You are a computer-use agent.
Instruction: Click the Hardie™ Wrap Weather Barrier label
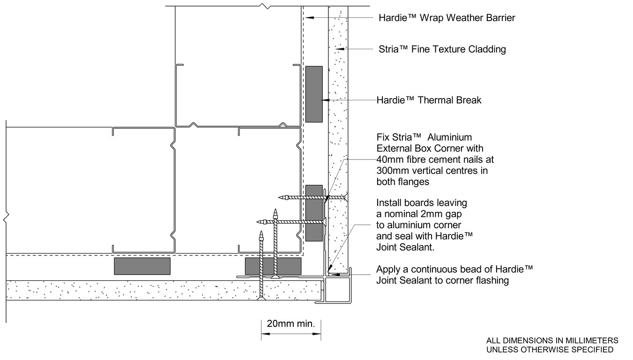(x=447, y=18)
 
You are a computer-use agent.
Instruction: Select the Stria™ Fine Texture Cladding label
(x=442, y=49)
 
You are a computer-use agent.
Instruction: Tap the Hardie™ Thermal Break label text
(x=429, y=100)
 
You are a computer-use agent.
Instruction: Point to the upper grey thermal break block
(x=314, y=94)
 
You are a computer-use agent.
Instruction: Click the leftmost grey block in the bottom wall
(x=142, y=266)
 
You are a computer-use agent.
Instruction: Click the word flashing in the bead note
(x=493, y=281)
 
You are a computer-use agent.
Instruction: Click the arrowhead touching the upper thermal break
(x=325, y=100)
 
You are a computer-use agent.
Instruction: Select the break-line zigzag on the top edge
(x=266, y=7)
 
